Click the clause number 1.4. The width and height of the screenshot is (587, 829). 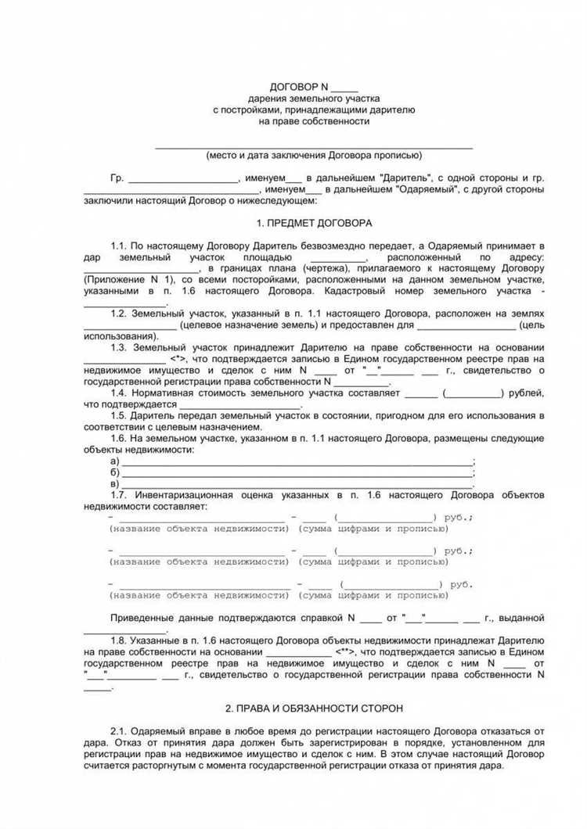[119, 393]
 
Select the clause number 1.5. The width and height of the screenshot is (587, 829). [119, 416]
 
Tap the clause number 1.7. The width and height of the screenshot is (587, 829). [119, 495]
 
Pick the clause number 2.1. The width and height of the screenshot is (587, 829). [119, 730]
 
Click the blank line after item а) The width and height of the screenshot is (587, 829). [297, 461]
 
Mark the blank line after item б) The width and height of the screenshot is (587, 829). [297, 472]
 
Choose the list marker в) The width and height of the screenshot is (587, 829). [115, 484]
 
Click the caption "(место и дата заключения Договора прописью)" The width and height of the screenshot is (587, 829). [314, 155]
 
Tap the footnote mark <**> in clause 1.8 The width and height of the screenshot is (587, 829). [345, 651]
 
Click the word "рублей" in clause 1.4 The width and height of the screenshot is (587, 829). [525, 393]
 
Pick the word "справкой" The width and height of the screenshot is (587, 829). [319, 618]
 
